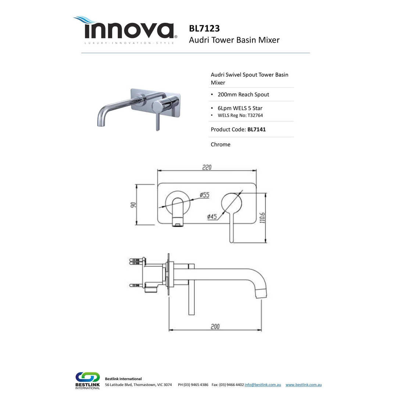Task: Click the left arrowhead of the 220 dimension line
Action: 158,171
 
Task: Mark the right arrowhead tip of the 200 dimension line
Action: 261,330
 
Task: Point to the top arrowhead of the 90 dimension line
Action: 137,185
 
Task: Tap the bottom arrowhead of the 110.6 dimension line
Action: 266,242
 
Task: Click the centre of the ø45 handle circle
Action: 232,203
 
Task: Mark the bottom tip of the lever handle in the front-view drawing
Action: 231,242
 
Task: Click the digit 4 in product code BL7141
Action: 261,129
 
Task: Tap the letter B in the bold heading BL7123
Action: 192,28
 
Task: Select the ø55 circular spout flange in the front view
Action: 178,203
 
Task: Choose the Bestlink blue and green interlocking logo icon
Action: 87,377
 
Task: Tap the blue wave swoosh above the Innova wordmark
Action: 85,20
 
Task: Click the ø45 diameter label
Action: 212,217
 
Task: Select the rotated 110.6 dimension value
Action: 262,218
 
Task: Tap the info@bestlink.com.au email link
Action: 262,385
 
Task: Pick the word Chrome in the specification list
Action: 221,144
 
